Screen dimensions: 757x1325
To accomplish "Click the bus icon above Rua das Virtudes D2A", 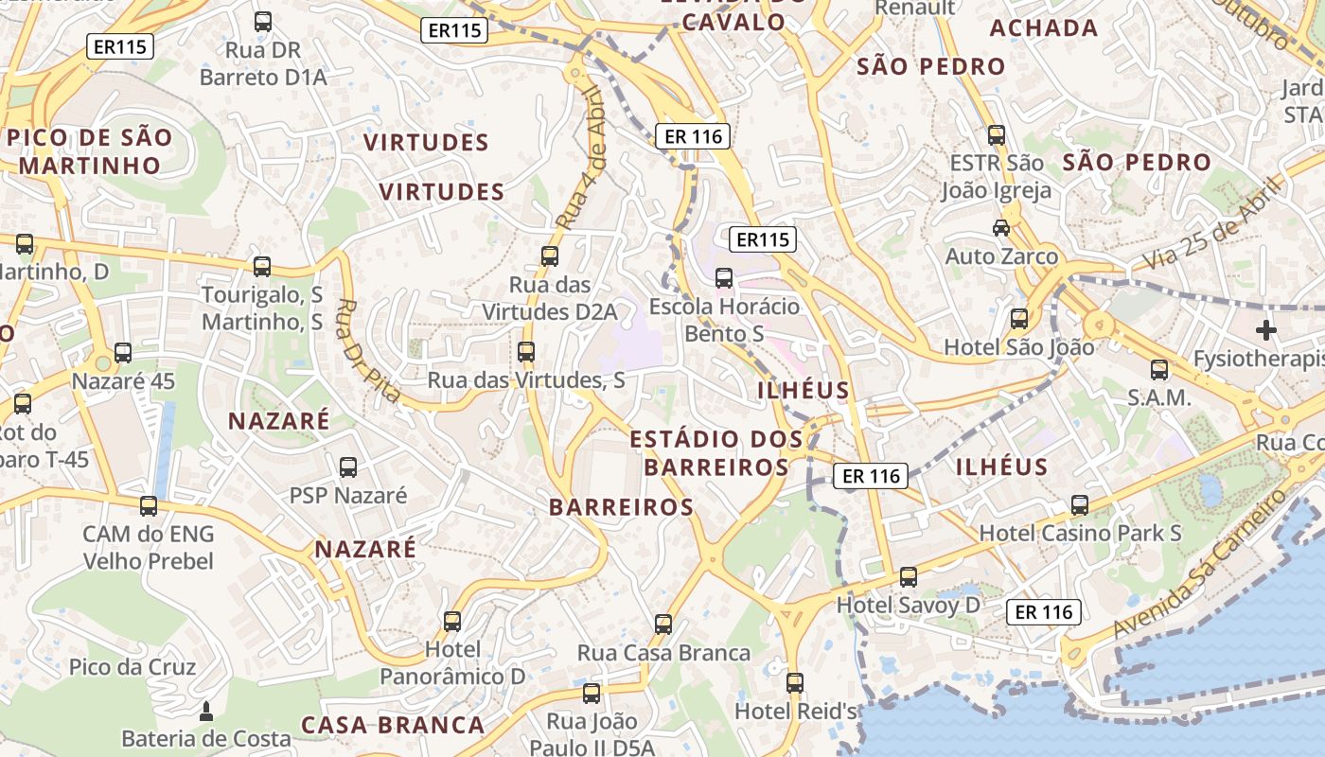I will click(x=549, y=255).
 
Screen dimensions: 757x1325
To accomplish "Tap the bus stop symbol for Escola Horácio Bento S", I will click(x=724, y=277).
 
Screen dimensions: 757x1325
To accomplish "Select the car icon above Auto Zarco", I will click(x=1000, y=227).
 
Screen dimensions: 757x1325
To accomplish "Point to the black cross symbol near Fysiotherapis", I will click(x=1265, y=330).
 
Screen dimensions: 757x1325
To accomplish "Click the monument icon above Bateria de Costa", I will click(x=206, y=711).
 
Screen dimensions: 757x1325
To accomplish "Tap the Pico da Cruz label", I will click(x=132, y=667).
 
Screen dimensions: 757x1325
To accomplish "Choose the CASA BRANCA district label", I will click(x=393, y=726).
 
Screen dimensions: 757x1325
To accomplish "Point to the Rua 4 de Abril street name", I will click(x=579, y=158).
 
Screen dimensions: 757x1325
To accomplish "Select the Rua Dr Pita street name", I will click(x=367, y=350).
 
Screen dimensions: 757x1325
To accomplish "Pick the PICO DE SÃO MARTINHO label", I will click(x=90, y=151).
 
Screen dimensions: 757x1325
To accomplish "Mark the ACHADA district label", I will click(x=1044, y=28).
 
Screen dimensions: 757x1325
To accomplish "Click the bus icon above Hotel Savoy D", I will click(x=909, y=576).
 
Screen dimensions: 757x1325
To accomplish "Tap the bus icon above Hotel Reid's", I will click(x=795, y=682).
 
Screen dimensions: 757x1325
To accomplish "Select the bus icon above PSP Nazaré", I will click(x=348, y=467).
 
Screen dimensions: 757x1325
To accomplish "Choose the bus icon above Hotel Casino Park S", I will click(x=1080, y=505).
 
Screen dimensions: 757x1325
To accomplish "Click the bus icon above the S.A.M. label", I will click(x=1159, y=370).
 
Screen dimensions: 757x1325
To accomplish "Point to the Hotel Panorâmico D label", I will click(x=452, y=663).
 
